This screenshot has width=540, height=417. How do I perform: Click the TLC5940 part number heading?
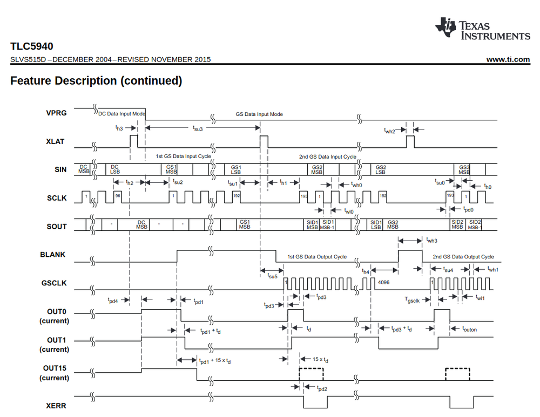pos(31,46)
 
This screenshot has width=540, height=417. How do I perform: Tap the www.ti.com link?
pos(508,59)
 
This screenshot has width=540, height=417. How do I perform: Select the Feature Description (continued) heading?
pos(96,81)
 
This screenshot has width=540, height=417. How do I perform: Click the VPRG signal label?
pos(57,113)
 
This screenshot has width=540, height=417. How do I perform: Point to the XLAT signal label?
pos(56,142)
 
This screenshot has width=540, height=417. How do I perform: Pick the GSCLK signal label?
pos(54,282)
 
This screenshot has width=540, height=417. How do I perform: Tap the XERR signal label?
pos(56,405)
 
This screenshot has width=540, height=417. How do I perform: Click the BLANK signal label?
pos(54,254)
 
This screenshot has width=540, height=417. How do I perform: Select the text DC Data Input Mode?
pos(122,114)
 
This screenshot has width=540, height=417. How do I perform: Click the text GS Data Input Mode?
pos(259,114)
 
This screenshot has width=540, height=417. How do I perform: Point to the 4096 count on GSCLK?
pos(384,283)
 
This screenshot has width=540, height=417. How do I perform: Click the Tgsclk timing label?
pos(412,300)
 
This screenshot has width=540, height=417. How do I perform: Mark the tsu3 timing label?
pos(198,128)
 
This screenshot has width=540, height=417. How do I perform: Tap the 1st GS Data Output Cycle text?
pos(317,257)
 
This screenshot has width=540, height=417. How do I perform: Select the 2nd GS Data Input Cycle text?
pos(328,156)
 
